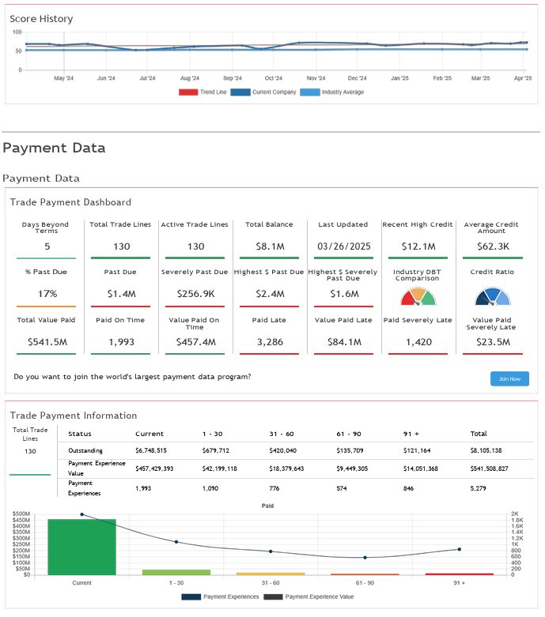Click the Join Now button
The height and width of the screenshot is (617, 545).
point(509,378)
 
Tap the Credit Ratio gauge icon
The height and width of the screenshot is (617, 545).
point(493,296)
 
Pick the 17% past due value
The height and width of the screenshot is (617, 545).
point(47,293)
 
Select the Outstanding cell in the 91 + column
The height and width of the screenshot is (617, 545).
point(420,450)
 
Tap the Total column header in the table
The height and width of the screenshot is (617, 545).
point(479,434)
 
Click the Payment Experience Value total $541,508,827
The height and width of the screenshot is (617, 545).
point(489,469)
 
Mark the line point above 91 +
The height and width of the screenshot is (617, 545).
point(460,549)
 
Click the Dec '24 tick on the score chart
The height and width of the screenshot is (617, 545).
point(358,78)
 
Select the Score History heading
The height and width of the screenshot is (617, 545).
point(41,18)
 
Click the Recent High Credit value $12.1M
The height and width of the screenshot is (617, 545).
point(417,246)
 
